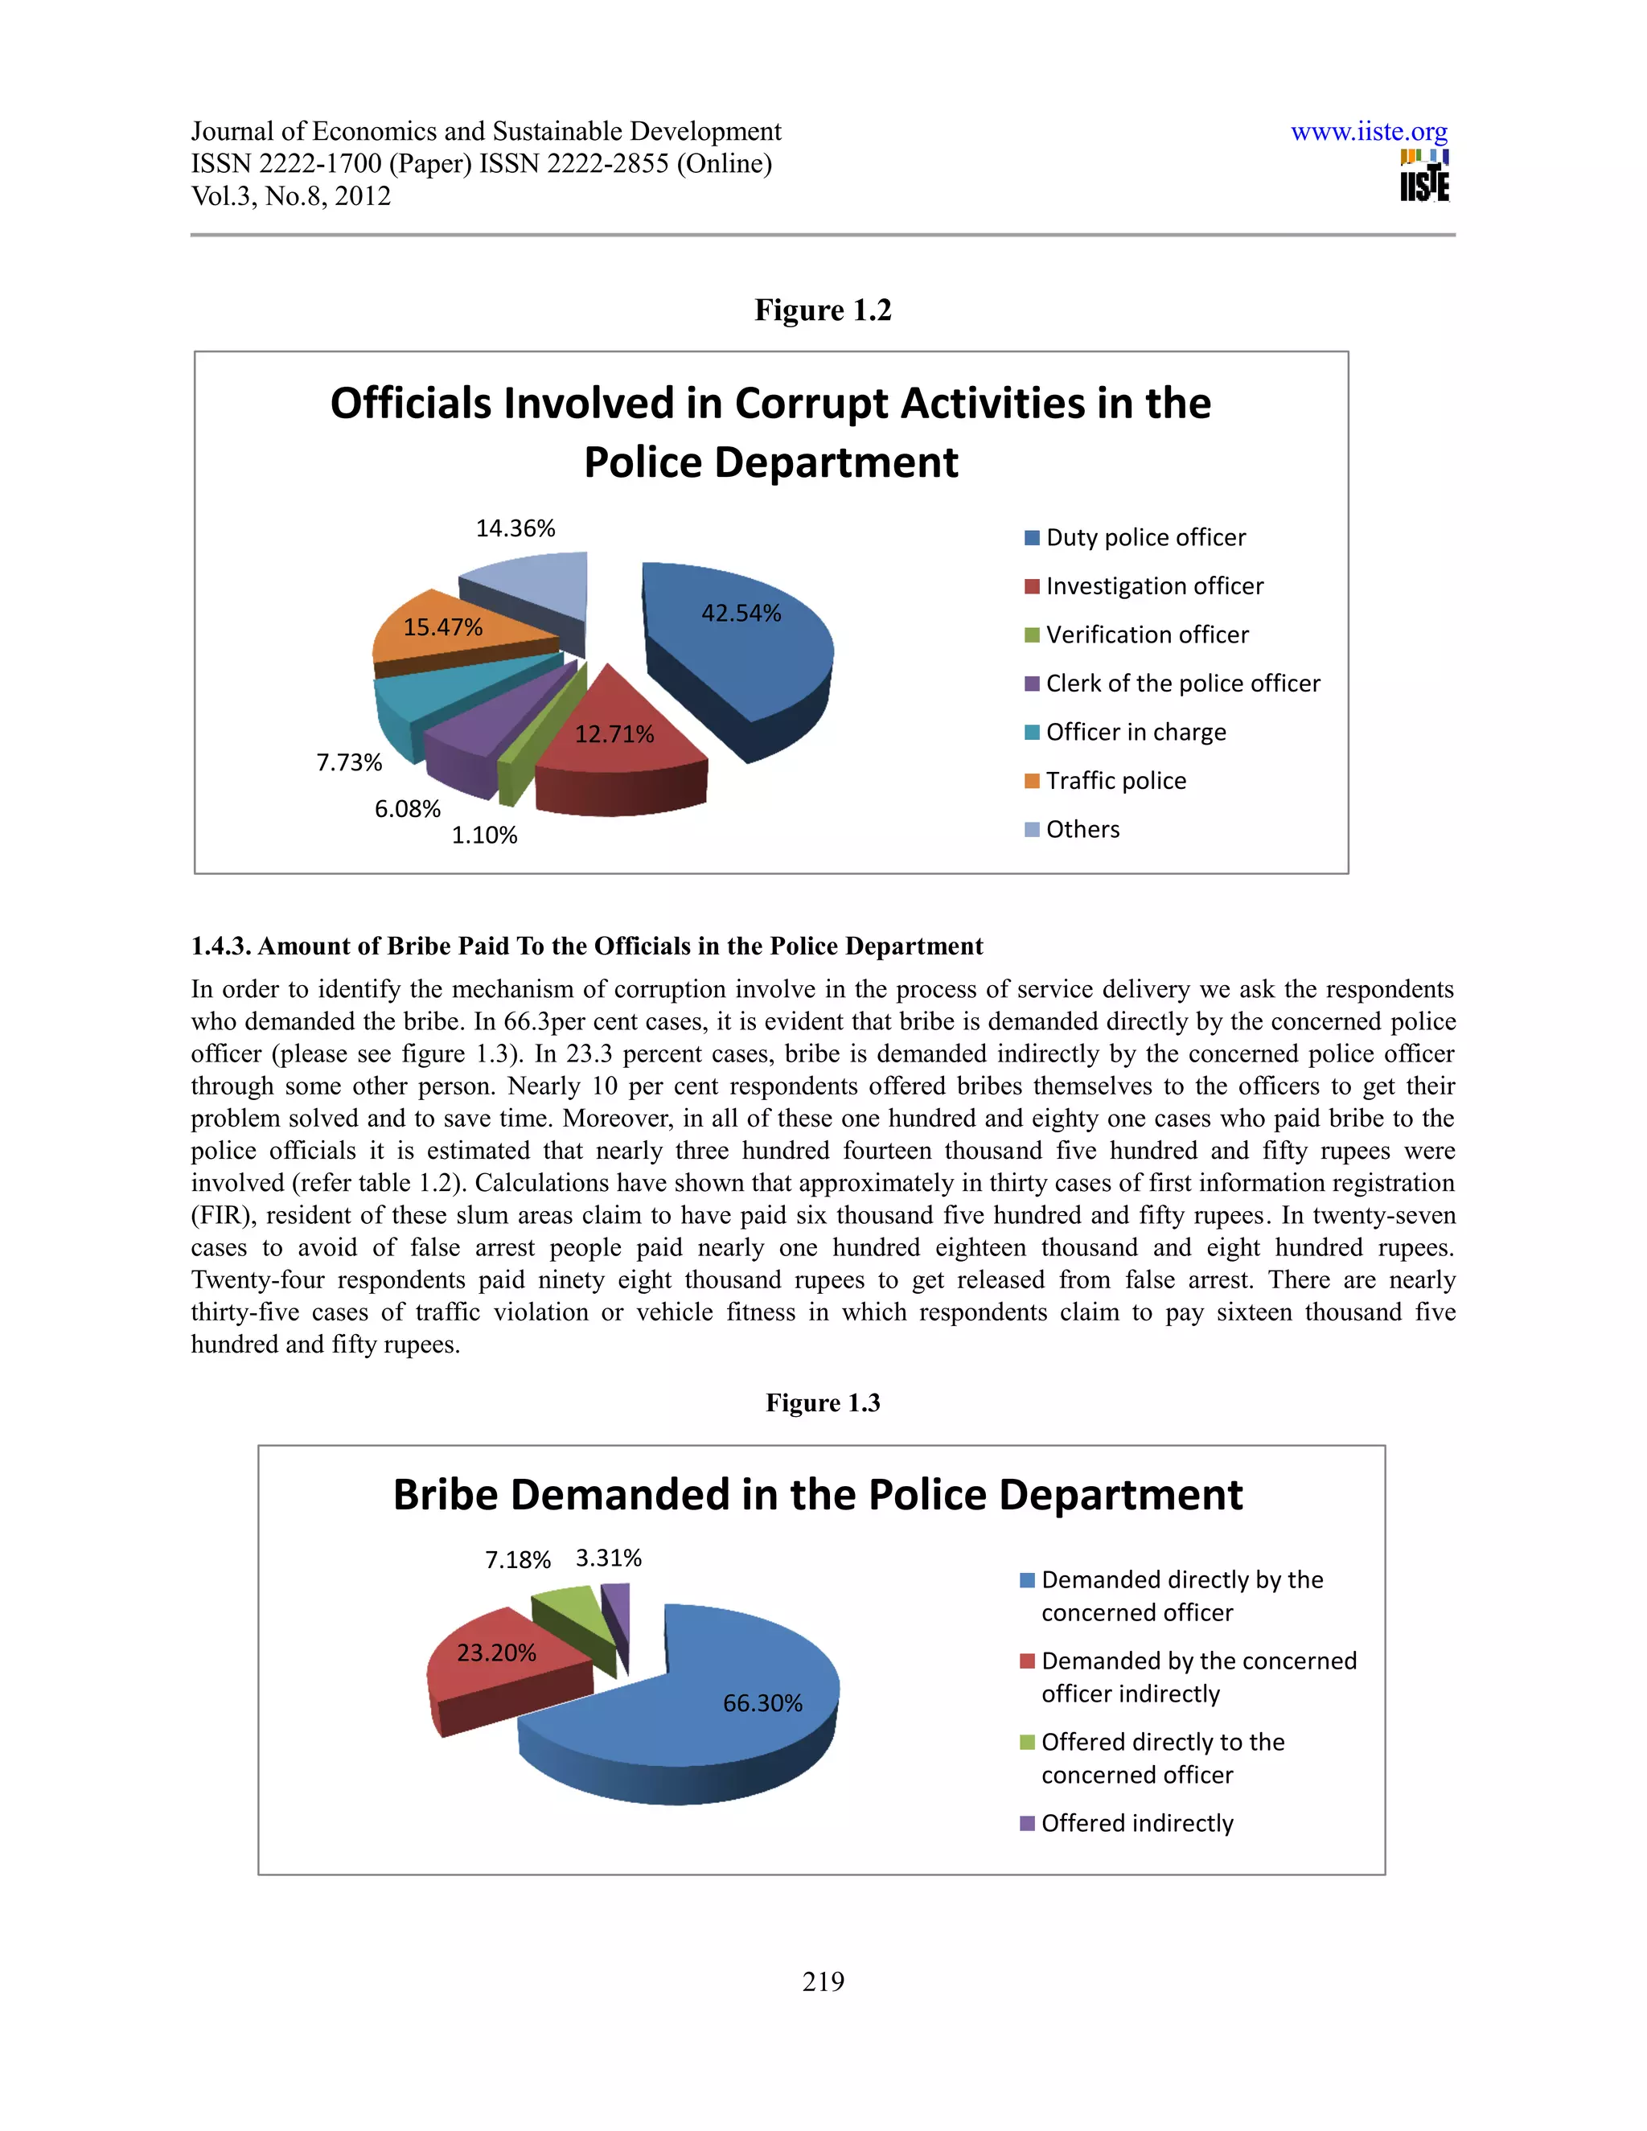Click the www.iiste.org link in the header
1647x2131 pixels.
(1368, 132)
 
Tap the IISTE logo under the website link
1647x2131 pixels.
(1423, 177)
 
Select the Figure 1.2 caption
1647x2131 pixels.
(823, 310)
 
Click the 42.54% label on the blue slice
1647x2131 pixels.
(741, 614)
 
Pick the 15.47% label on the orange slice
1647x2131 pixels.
(443, 627)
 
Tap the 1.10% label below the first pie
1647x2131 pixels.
(484, 836)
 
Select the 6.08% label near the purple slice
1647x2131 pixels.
(408, 810)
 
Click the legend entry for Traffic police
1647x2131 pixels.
(1115, 781)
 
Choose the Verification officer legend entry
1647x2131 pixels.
(1147, 635)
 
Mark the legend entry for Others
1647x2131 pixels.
(1082, 829)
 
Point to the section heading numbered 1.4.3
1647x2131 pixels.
(586, 946)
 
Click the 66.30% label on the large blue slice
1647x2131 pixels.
(762, 1704)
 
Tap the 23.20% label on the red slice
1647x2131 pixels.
(497, 1653)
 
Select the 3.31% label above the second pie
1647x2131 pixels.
(608, 1558)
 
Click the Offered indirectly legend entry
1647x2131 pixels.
(1136, 1824)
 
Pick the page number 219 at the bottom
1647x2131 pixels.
(823, 1981)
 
